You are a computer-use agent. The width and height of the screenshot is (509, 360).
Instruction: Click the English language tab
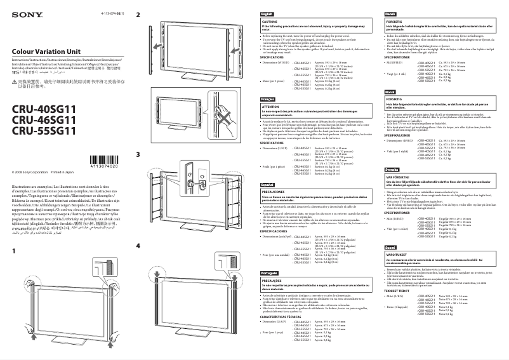(267, 13)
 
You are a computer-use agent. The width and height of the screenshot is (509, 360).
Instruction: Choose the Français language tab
(268, 100)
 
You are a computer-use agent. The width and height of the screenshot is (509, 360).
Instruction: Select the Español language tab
(268, 183)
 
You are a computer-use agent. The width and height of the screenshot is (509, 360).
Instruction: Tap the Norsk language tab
(390, 92)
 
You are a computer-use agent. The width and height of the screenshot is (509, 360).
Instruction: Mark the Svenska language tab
(392, 170)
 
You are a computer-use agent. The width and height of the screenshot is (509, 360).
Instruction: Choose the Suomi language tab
(391, 246)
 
